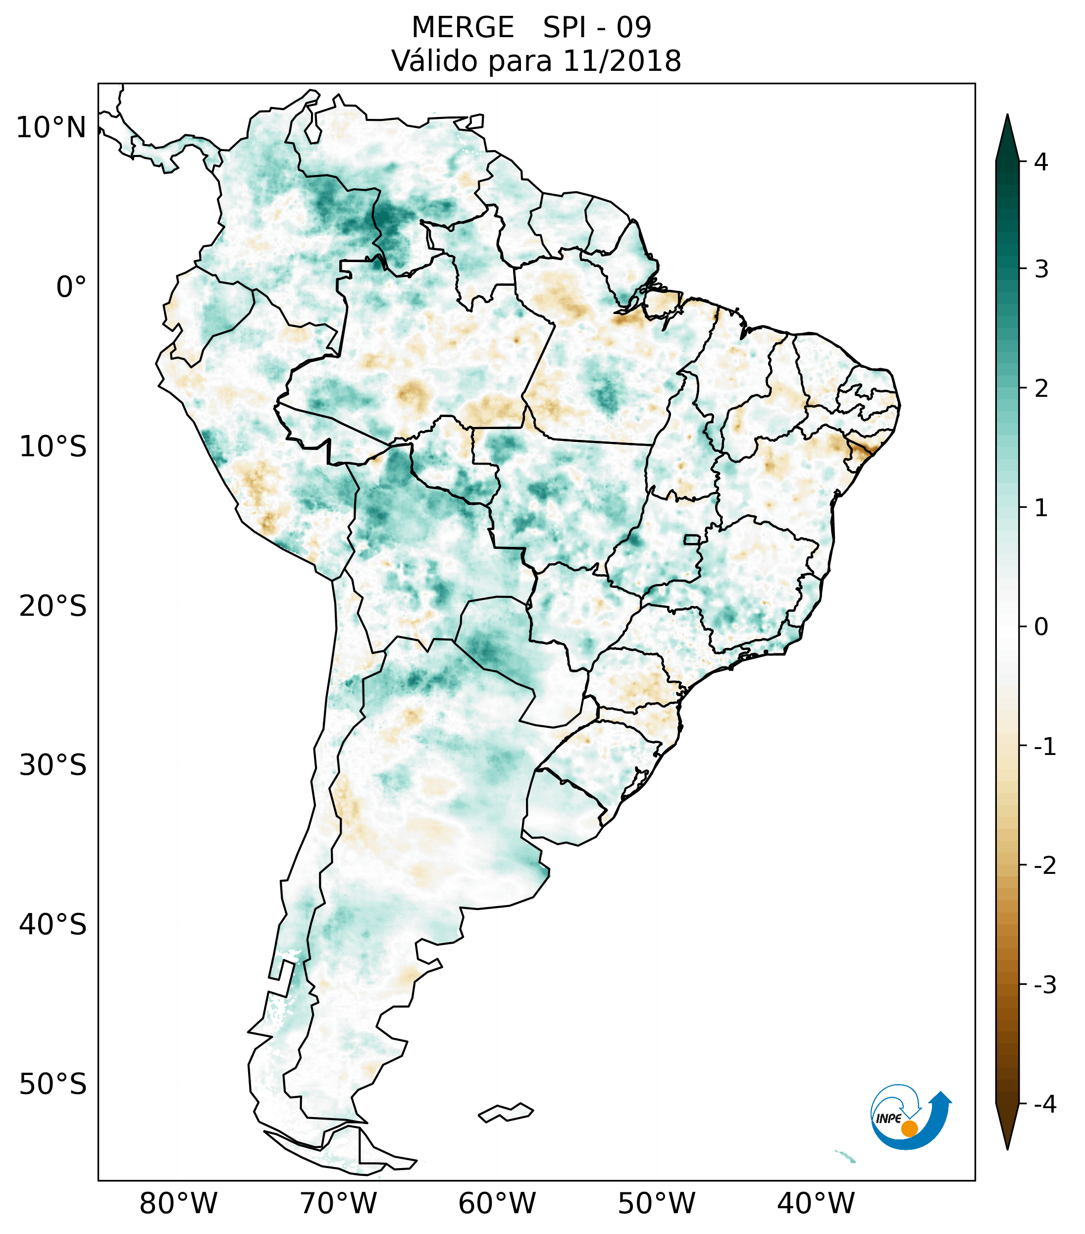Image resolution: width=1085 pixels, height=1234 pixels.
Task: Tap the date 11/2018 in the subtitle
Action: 622,61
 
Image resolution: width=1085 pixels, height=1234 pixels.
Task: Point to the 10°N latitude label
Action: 52,128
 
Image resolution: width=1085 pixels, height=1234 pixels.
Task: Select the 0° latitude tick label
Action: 71,287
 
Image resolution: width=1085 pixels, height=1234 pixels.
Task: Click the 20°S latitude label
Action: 53,606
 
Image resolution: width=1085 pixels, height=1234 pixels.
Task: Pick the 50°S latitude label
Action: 53,1085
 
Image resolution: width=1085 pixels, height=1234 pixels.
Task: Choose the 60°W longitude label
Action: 497,1203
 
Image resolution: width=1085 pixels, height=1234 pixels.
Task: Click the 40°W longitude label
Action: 816,1203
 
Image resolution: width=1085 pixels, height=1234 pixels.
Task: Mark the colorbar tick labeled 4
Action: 1041,162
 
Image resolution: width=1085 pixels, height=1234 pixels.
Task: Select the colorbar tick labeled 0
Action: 1041,627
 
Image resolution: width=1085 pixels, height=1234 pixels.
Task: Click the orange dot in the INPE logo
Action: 909,1128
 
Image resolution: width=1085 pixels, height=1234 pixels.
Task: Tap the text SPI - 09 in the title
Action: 597,28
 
